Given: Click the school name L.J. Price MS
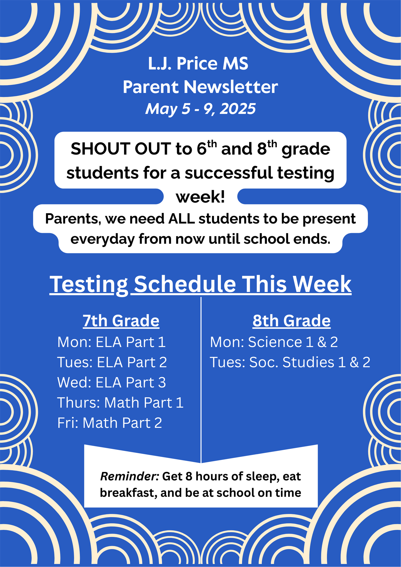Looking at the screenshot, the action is [198, 64].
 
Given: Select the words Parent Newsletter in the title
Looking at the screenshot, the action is [200, 87].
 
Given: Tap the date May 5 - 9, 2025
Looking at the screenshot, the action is [200, 109].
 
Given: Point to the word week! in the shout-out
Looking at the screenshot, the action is [200, 197].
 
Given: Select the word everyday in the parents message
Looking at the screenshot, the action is [102, 239].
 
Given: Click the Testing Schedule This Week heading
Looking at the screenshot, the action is [200, 284].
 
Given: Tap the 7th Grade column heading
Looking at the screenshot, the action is [121, 321].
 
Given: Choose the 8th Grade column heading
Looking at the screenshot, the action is [291, 321].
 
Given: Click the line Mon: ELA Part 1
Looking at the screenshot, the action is [111, 342].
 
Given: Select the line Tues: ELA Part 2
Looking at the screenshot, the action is [112, 362].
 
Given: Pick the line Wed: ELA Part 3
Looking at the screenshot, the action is [111, 383].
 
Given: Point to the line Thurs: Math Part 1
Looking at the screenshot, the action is [120, 403].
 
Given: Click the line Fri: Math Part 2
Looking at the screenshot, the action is [110, 423].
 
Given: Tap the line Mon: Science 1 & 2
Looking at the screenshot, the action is [274, 342].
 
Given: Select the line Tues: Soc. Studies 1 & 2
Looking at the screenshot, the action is [290, 362].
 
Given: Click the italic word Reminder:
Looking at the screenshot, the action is [130, 476].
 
